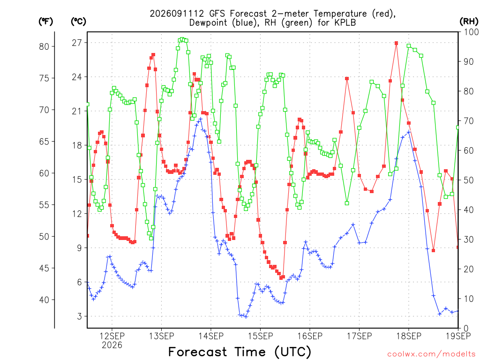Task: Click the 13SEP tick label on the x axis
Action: coord(161,336)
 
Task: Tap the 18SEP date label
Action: coord(409,336)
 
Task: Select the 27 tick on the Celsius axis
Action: coord(77,43)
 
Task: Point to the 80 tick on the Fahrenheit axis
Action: coord(44,46)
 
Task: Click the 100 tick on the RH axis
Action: coord(472,32)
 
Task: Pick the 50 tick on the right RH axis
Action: coord(469,180)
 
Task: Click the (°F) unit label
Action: coord(45,22)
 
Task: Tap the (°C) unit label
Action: coord(78,22)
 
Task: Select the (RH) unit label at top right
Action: coord(469,22)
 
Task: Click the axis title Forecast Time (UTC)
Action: coord(240,352)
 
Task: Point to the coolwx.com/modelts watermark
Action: coord(431,354)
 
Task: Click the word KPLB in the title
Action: coord(345,22)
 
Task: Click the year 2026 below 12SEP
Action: coord(112,345)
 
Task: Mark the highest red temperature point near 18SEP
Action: coord(397,43)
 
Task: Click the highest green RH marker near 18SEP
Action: coord(409,46)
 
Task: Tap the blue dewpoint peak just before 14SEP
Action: coord(201,119)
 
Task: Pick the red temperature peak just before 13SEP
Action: coord(153,55)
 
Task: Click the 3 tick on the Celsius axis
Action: coord(80,316)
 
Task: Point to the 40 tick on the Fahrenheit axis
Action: coord(44,300)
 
